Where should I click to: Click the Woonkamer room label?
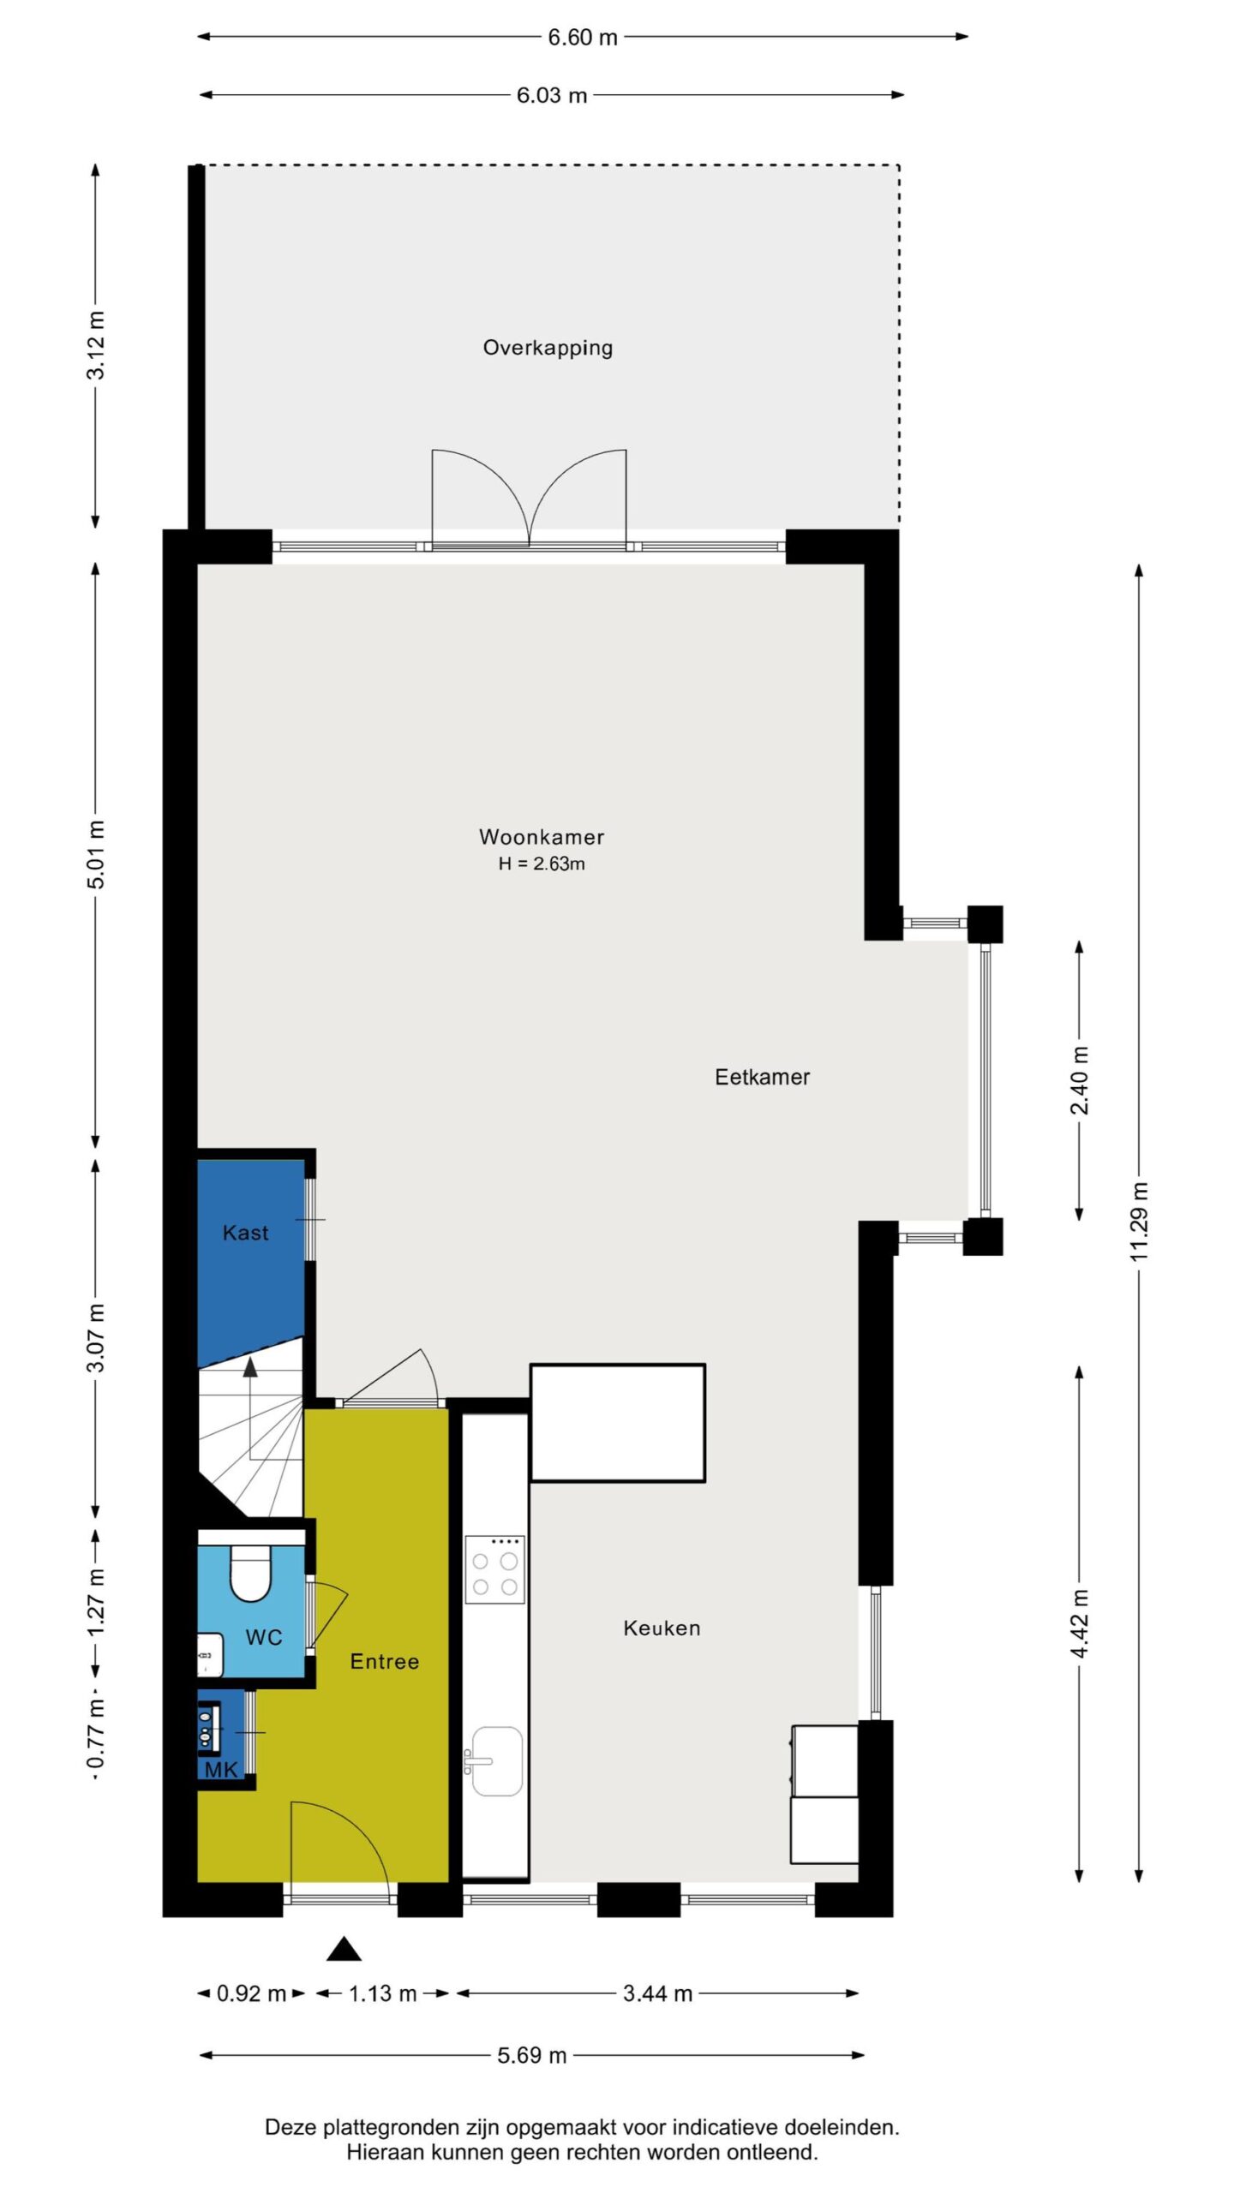[x=542, y=837]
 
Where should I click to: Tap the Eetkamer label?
[x=762, y=1077]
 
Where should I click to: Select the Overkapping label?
[x=548, y=348]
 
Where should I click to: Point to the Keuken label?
[x=662, y=1628]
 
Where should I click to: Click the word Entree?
[x=385, y=1661]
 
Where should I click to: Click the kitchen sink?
[x=496, y=1760]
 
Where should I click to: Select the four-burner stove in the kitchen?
[x=495, y=1569]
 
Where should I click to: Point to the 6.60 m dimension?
[x=583, y=37]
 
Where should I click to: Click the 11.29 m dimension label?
[x=1139, y=1221]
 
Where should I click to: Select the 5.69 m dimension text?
[x=532, y=2055]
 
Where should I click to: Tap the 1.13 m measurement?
[x=382, y=1993]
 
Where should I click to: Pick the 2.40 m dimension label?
[x=1079, y=1079]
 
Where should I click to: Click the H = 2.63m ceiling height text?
[x=542, y=863]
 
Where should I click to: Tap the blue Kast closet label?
[x=245, y=1233]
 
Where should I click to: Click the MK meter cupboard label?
[x=220, y=1770]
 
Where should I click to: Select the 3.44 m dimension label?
[x=657, y=1993]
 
